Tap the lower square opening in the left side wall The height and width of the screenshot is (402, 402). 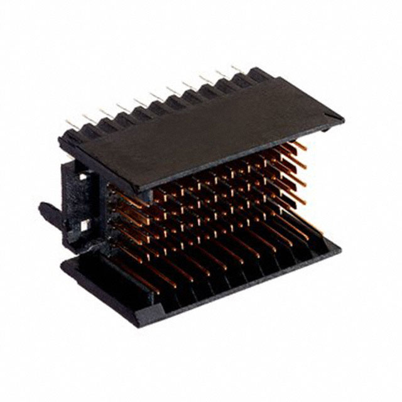tap(84, 224)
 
